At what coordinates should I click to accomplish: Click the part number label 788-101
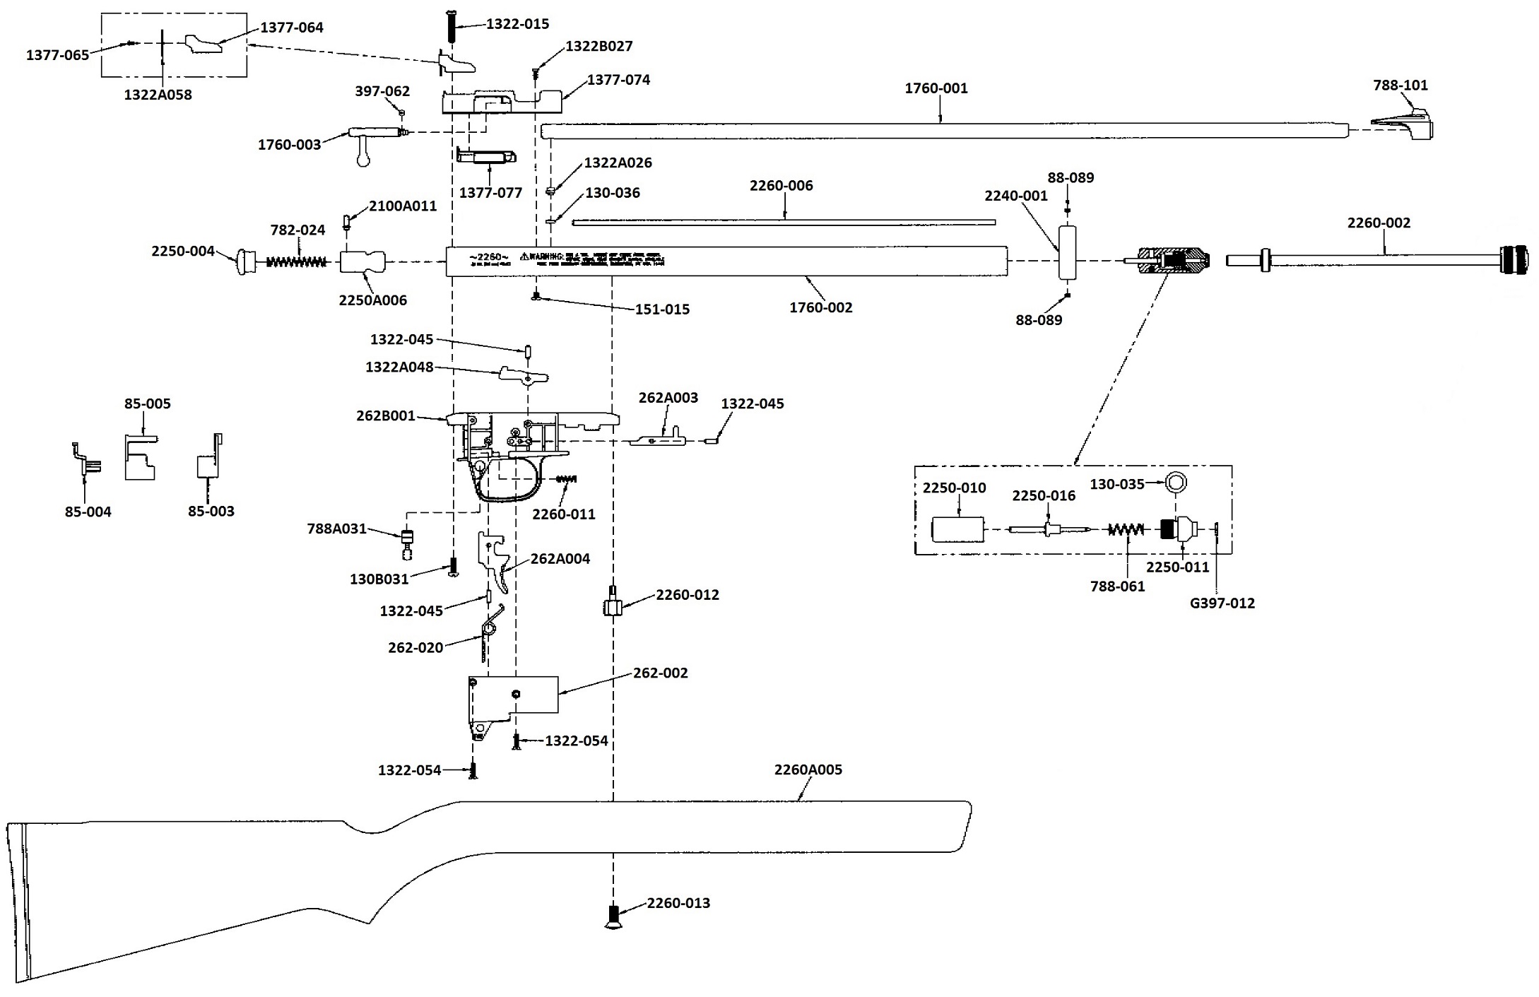coord(1400,85)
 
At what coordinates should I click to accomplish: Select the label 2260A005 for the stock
coord(808,769)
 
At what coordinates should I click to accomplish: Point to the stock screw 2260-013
coord(613,916)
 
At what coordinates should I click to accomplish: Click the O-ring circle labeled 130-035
coord(1176,483)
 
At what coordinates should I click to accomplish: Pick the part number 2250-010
coord(954,488)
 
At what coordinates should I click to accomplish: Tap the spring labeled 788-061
coord(1126,529)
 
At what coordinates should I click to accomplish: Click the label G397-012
coord(1222,603)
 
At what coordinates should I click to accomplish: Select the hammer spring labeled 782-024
coord(296,262)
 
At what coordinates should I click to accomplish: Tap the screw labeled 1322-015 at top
coord(451,27)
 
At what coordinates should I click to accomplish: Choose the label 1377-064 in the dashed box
coord(292,28)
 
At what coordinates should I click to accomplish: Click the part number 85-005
coord(147,403)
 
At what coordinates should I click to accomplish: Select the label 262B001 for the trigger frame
coord(385,415)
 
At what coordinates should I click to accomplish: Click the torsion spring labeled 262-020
coord(488,632)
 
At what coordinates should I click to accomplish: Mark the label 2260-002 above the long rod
coord(1378,223)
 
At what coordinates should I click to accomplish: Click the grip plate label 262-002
coord(660,673)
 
